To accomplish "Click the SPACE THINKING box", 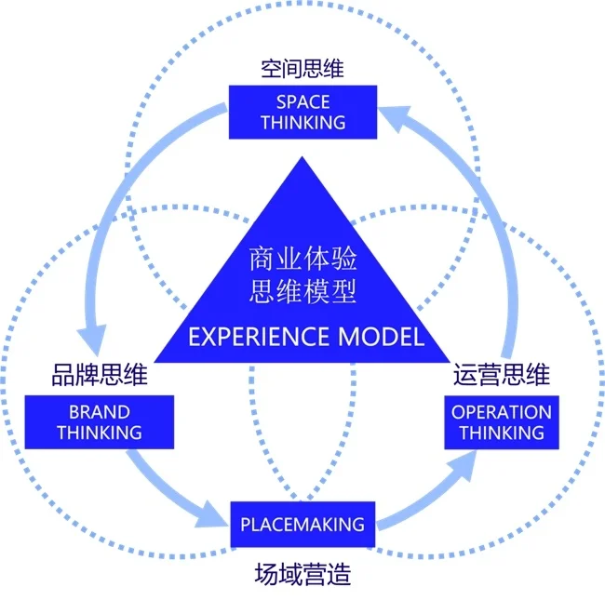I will click(302, 112).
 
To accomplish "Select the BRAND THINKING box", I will click(99, 421).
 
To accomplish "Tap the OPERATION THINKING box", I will click(501, 421).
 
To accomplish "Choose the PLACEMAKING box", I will click(302, 525).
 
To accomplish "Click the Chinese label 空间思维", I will click(302, 69).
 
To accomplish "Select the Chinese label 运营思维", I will click(501, 376).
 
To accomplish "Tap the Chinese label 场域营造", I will click(302, 574).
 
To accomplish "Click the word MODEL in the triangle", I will click(383, 337).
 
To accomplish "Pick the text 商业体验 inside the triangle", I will click(302, 258).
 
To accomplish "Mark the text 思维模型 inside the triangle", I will click(302, 292).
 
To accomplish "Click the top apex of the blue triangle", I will click(302, 160).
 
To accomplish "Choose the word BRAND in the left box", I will click(99, 411).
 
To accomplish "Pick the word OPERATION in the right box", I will click(501, 411).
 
